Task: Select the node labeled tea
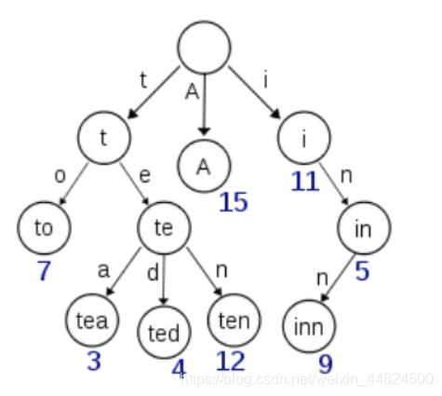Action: [x=92, y=320]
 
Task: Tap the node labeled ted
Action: [x=164, y=332]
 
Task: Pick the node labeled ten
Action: [x=234, y=320]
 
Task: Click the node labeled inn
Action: [x=309, y=326]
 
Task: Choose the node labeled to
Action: [x=44, y=228]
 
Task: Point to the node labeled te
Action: [x=164, y=228]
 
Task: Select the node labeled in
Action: [x=364, y=228]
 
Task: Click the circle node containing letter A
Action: [x=205, y=166]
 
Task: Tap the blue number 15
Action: [x=234, y=202]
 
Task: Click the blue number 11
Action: [x=305, y=181]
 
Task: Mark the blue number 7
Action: [x=44, y=270]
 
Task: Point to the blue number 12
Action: [x=230, y=361]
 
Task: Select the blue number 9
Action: [x=326, y=364]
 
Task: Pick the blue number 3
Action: [x=94, y=361]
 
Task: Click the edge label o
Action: [x=60, y=176]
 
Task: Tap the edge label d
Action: [x=153, y=273]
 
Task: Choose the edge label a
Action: [x=103, y=270]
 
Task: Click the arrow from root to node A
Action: [x=205, y=104]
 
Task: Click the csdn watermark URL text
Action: [x=307, y=379]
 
